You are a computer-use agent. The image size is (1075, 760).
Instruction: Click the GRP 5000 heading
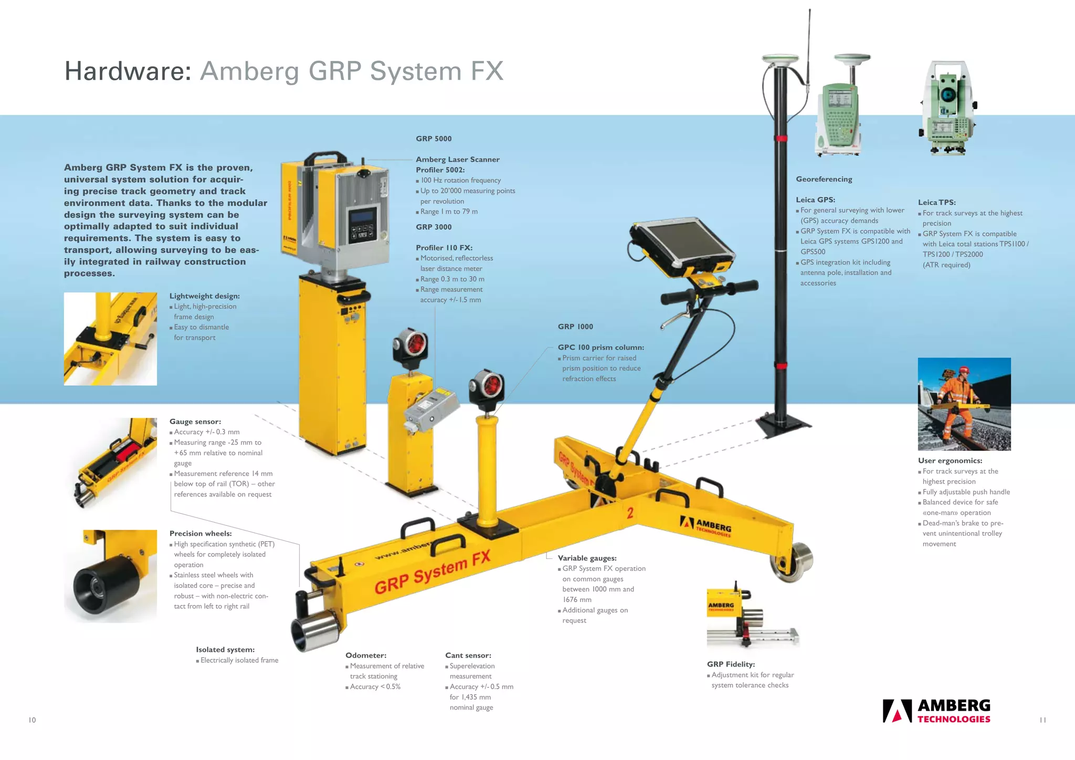pyautogui.click(x=434, y=139)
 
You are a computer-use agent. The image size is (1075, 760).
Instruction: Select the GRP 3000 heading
pyautogui.click(x=434, y=227)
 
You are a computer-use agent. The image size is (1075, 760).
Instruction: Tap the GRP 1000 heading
pyautogui.click(x=575, y=326)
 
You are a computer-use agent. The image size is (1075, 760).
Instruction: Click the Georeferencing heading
pyautogui.click(x=824, y=179)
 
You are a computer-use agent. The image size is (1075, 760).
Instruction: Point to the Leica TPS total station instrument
pyautogui.click(x=948, y=108)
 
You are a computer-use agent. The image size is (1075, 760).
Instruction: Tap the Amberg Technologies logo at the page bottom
pyautogui.click(x=936, y=711)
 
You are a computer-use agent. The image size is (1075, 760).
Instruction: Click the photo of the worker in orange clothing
pyautogui.click(x=964, y=404)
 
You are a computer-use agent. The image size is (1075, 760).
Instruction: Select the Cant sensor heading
pyautogui.click(x=468, y=655)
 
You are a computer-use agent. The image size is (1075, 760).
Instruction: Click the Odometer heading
pyautogui.click(x=366, y=655)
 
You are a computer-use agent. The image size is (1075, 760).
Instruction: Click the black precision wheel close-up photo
pyautogui.click(x=110, y=576)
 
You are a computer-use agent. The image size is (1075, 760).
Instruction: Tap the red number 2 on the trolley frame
pyautogui.click(x=630, y=513)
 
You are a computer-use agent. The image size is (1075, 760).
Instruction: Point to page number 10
pyautogui.click(x=32, y=720)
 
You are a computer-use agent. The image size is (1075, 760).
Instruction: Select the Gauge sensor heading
pyautogui.click(x=195, y=421)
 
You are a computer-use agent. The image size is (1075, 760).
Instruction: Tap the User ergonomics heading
pyautogui.click(x=950, y=460)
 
